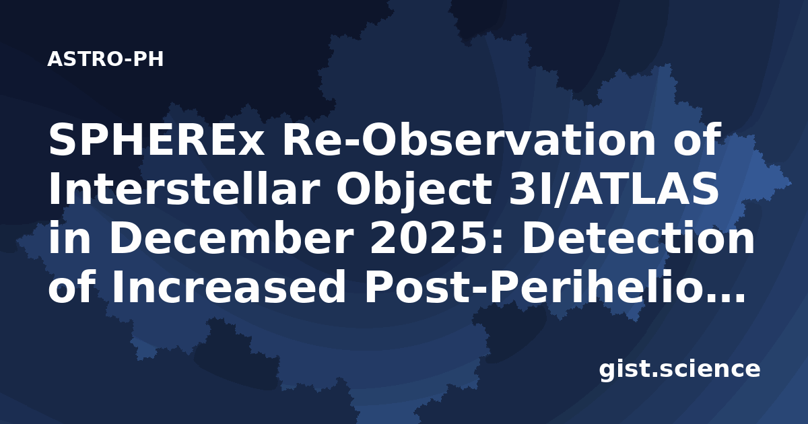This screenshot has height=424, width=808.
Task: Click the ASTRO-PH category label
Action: [105, 59]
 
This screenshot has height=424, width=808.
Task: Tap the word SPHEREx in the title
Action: [156, 139]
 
